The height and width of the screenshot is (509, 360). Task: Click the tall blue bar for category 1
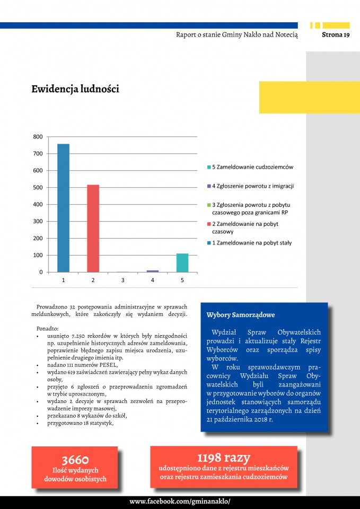coord(63,208)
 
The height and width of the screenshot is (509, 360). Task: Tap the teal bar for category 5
coord(182,263)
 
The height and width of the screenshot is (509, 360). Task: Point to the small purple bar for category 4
coord(153,271)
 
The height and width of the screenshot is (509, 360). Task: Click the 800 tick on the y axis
coord(38,137)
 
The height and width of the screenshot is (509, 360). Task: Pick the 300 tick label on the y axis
coord(38,222)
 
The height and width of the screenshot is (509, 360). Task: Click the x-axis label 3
coord(122,280)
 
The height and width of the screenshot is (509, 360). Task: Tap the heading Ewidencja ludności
coord(75,89)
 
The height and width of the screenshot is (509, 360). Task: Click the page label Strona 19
coord(336,35)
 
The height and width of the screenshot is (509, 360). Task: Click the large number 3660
coord(75,460)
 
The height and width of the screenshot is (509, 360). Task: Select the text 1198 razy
coord(223,458)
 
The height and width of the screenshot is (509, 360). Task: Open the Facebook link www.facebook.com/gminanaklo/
coord(180,502)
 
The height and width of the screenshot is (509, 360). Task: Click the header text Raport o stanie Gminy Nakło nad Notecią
coord(237,35)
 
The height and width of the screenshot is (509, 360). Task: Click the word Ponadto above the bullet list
coord(48,328)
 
